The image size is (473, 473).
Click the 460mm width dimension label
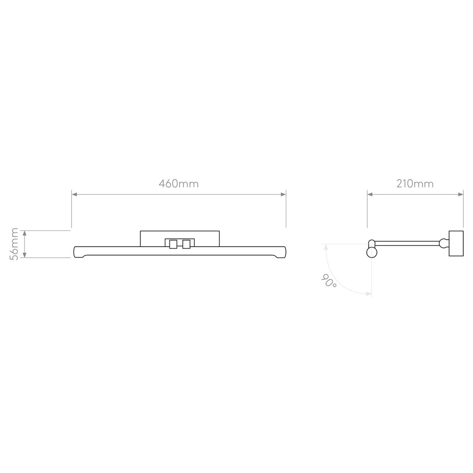coord(179,183)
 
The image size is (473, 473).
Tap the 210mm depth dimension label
coord(415,183)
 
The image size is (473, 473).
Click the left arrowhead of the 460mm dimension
coord(74,194)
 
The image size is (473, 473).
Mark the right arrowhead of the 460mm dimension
coord(283,194)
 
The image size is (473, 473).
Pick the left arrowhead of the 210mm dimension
coord(370,194)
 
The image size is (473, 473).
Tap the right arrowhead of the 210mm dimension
coord(461,194)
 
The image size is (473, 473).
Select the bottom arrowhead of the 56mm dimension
coord(25,255)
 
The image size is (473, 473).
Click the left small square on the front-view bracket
coord(173,244)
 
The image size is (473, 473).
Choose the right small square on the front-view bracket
coord(186,244)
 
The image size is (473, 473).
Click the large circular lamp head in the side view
coord(371,252)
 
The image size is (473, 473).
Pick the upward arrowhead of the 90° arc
coord(326,247)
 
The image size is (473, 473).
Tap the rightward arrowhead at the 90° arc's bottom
coord(369,293)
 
